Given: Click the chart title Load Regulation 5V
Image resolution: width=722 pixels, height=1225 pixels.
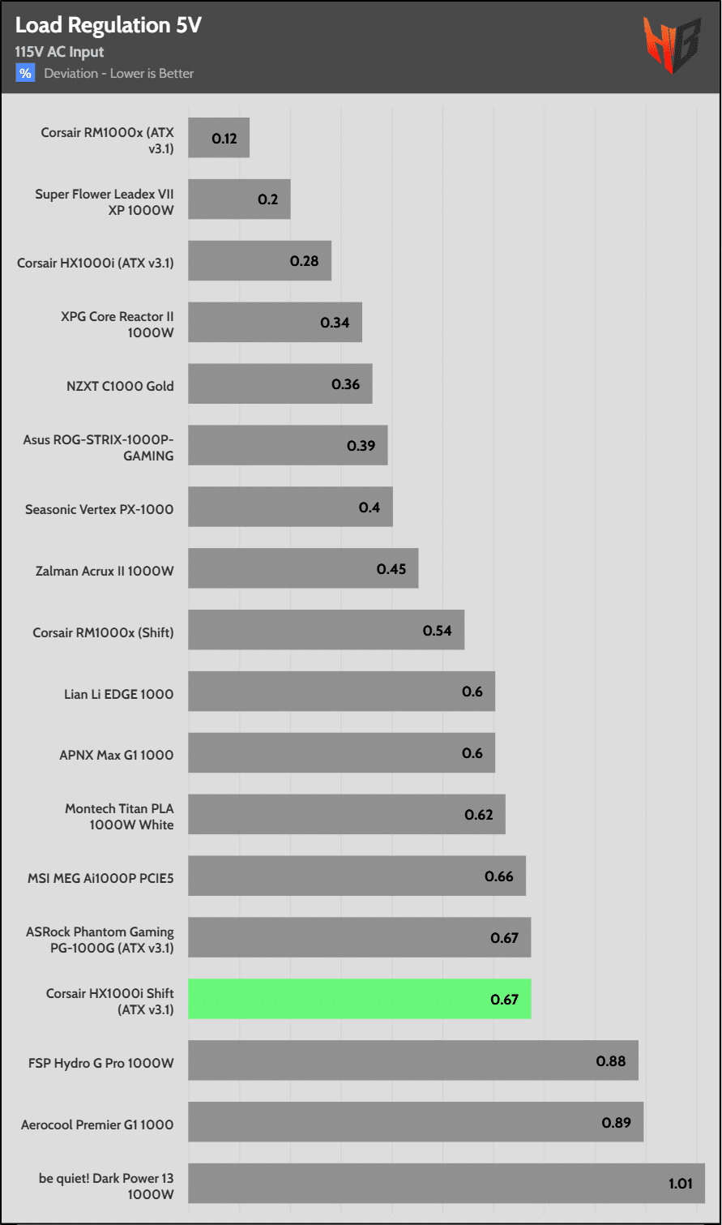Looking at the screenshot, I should tap(109, 26).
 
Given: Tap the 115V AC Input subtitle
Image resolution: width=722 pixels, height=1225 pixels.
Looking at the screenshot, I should tap(59, 53).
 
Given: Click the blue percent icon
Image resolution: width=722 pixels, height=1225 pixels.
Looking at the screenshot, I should tap(25, 74).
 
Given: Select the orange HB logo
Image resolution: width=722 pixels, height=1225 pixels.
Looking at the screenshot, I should tap(672, 45).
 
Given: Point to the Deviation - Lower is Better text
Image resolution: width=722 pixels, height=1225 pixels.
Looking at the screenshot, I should tap(119, 74).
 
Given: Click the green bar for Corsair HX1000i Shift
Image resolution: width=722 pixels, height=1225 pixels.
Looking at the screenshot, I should tap(359, 999).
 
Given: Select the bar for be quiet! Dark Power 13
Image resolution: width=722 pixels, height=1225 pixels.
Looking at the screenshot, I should tap(446, 1184).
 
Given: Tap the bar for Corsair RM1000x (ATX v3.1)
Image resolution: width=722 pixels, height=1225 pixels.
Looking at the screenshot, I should tap(219, 138).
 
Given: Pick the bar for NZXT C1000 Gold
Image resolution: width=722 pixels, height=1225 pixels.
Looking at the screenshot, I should tap(280, 384).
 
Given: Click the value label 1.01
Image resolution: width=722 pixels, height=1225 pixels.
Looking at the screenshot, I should tap(681, 1184).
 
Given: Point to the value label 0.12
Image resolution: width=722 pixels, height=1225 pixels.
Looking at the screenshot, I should tap(224, 139).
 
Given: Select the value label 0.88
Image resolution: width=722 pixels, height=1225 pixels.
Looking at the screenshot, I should tap(611, 1060).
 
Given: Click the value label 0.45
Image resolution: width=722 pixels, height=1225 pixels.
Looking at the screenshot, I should tap(391, 569).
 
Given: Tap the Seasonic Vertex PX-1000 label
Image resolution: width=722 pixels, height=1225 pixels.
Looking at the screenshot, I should tap(100, 509).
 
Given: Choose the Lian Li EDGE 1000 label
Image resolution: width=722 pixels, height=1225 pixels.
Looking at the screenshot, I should tap(119, 694).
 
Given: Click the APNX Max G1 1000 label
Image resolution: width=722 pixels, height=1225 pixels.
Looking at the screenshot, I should tap(117, 756).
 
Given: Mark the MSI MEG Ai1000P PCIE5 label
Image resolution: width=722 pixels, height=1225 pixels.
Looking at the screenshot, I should tap(100, 877).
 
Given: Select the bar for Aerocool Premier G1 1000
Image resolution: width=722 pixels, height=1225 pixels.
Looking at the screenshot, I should tap(416, 1122).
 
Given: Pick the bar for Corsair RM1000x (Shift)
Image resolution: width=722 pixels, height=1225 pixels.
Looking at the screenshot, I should tap(326, 631).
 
